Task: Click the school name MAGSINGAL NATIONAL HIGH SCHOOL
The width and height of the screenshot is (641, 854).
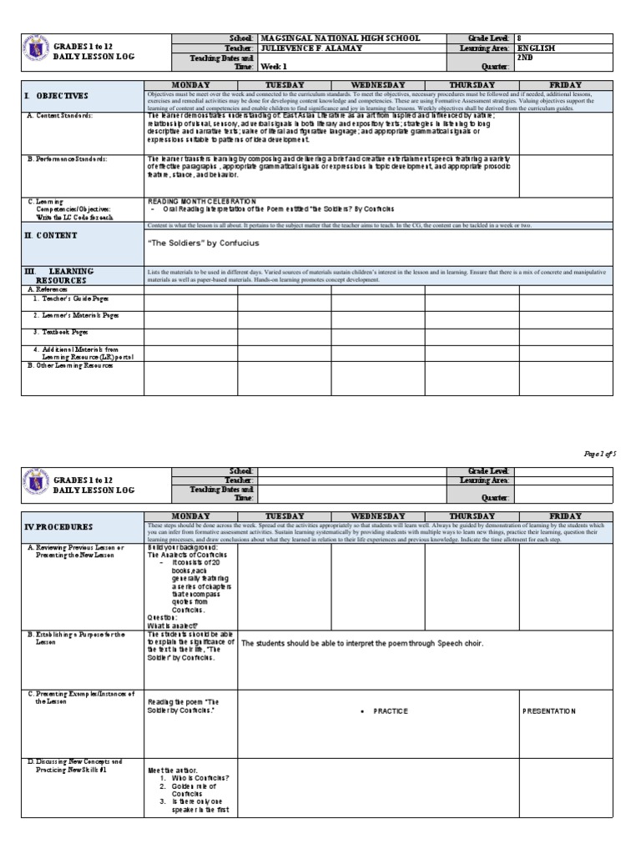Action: point(341,38)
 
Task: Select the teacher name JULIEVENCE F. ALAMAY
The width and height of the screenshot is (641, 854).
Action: point(319,48)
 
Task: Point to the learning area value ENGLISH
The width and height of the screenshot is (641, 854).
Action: point(536,48)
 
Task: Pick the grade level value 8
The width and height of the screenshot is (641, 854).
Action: point(519,38)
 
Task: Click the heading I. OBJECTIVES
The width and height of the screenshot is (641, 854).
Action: point(56,97)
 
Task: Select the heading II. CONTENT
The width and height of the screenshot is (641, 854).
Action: point(52,236)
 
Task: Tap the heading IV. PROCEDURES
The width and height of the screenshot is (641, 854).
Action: point(60,527)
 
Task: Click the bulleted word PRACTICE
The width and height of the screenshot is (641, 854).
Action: point(391,711)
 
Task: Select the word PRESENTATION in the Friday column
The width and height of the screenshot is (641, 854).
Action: point(549,711)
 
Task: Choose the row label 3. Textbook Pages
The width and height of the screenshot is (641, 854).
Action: point(60,331)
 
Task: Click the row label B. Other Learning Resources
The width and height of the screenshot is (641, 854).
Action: point(70,365)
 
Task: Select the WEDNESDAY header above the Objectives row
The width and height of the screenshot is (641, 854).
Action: point(378,85)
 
